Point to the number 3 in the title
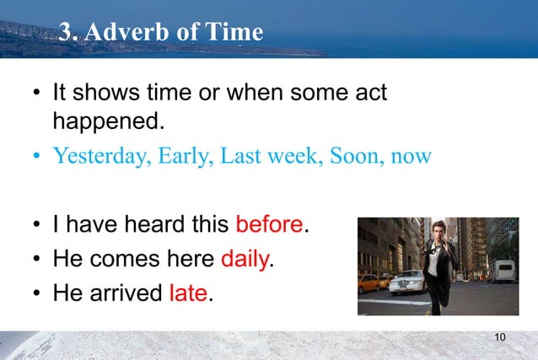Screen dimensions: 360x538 pos(67,32)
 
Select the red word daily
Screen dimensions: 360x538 pos(244,259)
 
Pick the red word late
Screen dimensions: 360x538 pos(188,293)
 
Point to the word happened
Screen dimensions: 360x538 pos(106,121)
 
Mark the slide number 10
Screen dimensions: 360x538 pos(500,338)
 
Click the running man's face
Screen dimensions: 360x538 pos(434,232)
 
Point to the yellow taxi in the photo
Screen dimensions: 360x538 pos(369,282)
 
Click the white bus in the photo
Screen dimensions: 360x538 pos(503,271)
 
